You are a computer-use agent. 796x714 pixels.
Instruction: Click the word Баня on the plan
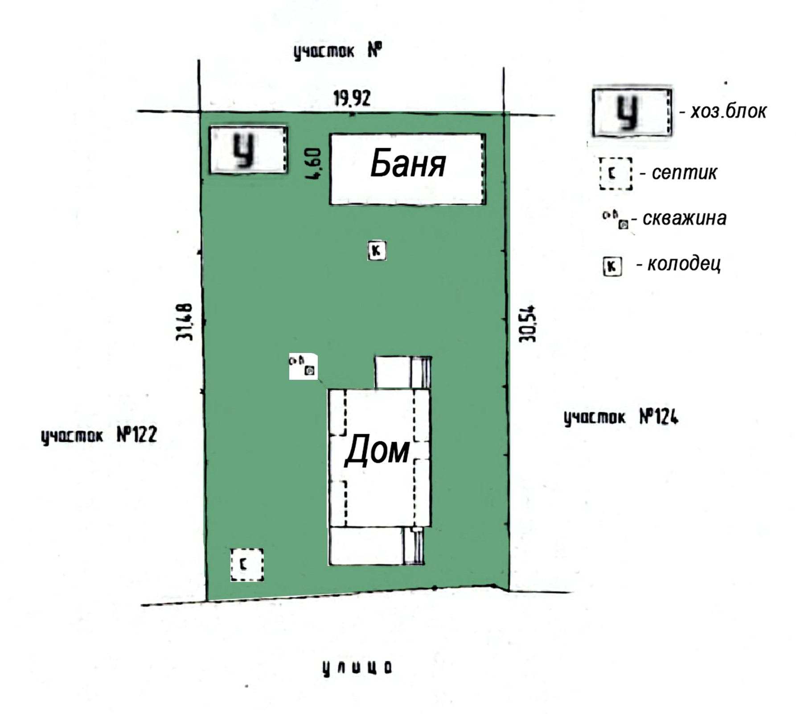(408, 164)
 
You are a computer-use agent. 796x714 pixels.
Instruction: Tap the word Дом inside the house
(377, 451)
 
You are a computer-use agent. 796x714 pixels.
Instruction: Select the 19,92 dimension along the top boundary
(352, 98)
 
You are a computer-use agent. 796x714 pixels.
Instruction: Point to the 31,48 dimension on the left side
(185, 322)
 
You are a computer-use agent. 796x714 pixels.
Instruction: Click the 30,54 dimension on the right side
(528, 324)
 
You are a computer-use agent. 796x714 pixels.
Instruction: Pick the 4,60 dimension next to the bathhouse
(313, 164)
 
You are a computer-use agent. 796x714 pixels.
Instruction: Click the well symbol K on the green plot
(377, 250)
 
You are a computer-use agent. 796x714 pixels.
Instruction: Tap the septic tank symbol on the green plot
(247, 565)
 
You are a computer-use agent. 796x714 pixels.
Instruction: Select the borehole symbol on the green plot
(304, 366)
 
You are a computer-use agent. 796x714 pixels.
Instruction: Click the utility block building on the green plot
(248, 150)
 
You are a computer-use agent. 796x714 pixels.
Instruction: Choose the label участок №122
(99, 435)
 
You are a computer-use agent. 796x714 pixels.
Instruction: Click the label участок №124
(621, 417)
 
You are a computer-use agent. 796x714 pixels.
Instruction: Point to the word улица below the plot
(357, 668)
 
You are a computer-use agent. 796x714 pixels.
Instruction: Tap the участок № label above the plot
(338, 51)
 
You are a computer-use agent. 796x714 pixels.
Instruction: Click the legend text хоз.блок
(728, 112)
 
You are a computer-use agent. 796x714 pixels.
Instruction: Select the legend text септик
(684, 173)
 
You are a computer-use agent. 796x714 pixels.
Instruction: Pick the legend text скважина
(685, 219)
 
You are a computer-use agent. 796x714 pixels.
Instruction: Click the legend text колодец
(684, 264)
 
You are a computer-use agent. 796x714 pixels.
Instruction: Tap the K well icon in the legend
(612, 267)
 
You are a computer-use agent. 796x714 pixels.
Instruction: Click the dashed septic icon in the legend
(615, 174)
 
